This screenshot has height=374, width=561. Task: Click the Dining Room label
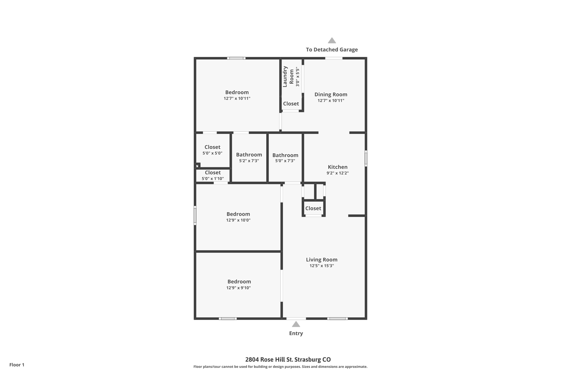tap(331, 95)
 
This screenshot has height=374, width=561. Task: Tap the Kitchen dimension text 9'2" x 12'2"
tap(337, 173)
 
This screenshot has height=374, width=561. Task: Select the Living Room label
tap(322, 259)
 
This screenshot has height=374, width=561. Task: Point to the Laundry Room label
tap(288, 76)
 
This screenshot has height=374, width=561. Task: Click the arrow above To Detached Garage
tap(332, 41)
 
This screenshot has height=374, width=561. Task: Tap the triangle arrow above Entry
tap(296, 324)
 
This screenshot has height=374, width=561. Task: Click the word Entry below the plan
tap(296, 333)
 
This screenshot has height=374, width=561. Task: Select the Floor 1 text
tap(17, 365)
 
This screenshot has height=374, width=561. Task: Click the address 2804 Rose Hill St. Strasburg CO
tap(288, 359)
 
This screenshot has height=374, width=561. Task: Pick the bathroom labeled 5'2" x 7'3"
tap(249, 157)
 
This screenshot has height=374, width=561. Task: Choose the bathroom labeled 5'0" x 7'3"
tap(285, 158)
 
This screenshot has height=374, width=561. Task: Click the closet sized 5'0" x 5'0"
tap(212, 150)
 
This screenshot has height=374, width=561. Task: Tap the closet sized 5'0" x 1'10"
tap(213, 175)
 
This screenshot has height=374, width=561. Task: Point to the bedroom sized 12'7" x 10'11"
tap(237, 95)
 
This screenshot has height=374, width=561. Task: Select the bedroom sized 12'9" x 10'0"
tap(238, 216)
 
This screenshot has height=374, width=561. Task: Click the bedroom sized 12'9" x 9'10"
tap(239, 284)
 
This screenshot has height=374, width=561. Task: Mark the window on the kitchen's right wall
tap(366, 158)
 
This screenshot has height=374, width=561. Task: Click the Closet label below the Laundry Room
tap(291, 104)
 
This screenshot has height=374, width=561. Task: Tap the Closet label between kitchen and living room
tap(313, 208)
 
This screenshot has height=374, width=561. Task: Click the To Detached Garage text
tap(332, 50)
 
